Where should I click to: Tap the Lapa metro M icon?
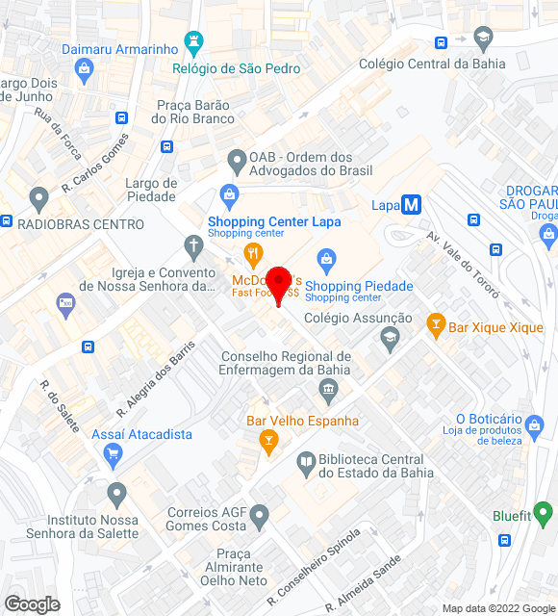412,205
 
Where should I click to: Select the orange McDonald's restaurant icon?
254,256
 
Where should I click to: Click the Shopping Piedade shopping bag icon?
327,259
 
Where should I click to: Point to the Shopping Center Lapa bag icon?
230,197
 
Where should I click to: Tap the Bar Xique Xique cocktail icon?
436,326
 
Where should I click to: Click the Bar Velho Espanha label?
302,421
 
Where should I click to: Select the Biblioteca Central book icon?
306,464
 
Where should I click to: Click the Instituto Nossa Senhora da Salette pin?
117,496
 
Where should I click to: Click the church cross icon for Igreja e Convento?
193,248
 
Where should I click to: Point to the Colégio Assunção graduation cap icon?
389,337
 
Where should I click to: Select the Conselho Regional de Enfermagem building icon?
329,391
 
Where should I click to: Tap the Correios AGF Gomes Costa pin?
259,520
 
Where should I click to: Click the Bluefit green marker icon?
545,516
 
